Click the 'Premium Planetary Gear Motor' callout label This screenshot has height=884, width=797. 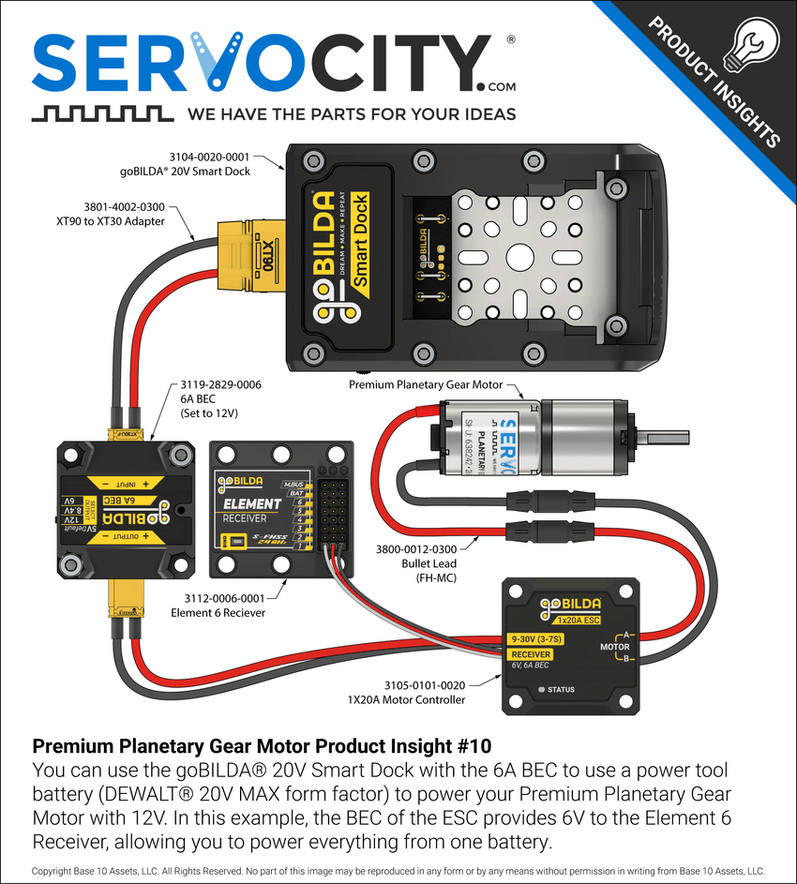(x=426, y=385)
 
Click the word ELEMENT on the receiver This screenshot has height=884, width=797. (x=251, y=504)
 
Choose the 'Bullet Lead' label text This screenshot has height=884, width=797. (x=429, y=564)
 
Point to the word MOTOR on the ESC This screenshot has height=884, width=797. (x=615, y=647)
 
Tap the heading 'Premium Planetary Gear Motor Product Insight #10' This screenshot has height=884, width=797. (x=262, y=747)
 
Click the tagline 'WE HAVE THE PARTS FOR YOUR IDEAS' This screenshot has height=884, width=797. (x=352, y=114)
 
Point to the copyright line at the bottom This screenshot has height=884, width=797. (x=398, y=871)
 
